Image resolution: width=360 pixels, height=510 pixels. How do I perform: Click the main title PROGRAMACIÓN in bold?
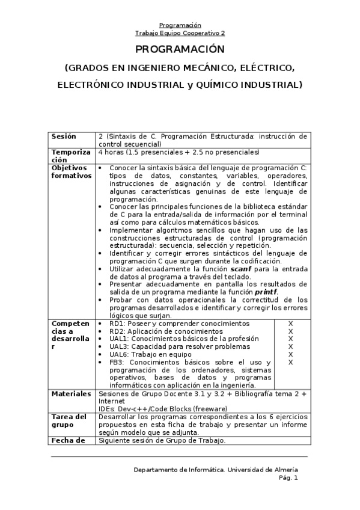(x=180, y=49)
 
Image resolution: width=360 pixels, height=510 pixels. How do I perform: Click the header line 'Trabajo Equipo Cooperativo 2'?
(x=180, y=33)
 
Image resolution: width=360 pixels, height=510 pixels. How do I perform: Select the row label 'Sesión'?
(x=64, y=137)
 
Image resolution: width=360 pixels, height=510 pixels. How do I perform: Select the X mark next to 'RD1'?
(x=290, y=324)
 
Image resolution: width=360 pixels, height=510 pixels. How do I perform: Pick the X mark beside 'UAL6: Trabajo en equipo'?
(x=290, y=354)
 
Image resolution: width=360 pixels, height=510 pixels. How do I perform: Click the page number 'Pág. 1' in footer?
(x=288, y=478)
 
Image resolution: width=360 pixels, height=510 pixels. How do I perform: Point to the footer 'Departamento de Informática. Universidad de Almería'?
(x=215, y=469)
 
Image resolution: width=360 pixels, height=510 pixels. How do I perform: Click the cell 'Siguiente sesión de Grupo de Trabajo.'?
(x=162, y=440)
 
